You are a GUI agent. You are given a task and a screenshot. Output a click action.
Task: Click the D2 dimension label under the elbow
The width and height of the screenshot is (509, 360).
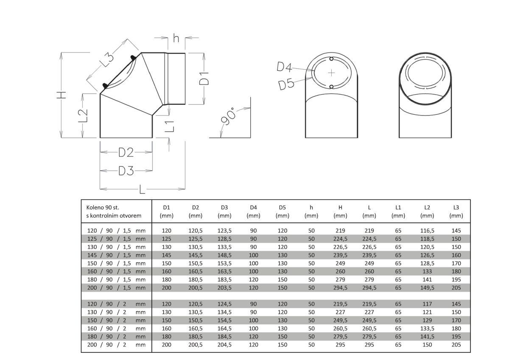126,152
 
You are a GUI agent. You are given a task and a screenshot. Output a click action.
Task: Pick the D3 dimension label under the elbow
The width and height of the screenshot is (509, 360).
126,171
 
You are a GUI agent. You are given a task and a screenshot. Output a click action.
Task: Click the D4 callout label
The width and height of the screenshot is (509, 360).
285,67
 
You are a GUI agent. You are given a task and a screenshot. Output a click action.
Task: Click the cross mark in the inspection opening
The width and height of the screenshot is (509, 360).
331,73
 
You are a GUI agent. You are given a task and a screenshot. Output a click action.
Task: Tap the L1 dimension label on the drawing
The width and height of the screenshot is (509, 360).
170,126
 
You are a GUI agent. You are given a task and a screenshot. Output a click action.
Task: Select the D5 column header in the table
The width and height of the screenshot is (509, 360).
282,208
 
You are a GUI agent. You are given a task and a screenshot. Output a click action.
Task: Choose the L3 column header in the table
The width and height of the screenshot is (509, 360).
456,208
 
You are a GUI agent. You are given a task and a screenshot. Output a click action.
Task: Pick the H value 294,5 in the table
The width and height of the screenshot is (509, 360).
340,287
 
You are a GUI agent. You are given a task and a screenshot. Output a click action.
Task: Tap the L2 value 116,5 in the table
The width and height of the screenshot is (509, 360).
427,231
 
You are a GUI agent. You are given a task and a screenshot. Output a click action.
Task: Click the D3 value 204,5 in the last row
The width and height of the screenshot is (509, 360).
224,345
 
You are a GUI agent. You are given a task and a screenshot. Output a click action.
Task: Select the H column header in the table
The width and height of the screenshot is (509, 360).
340,208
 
